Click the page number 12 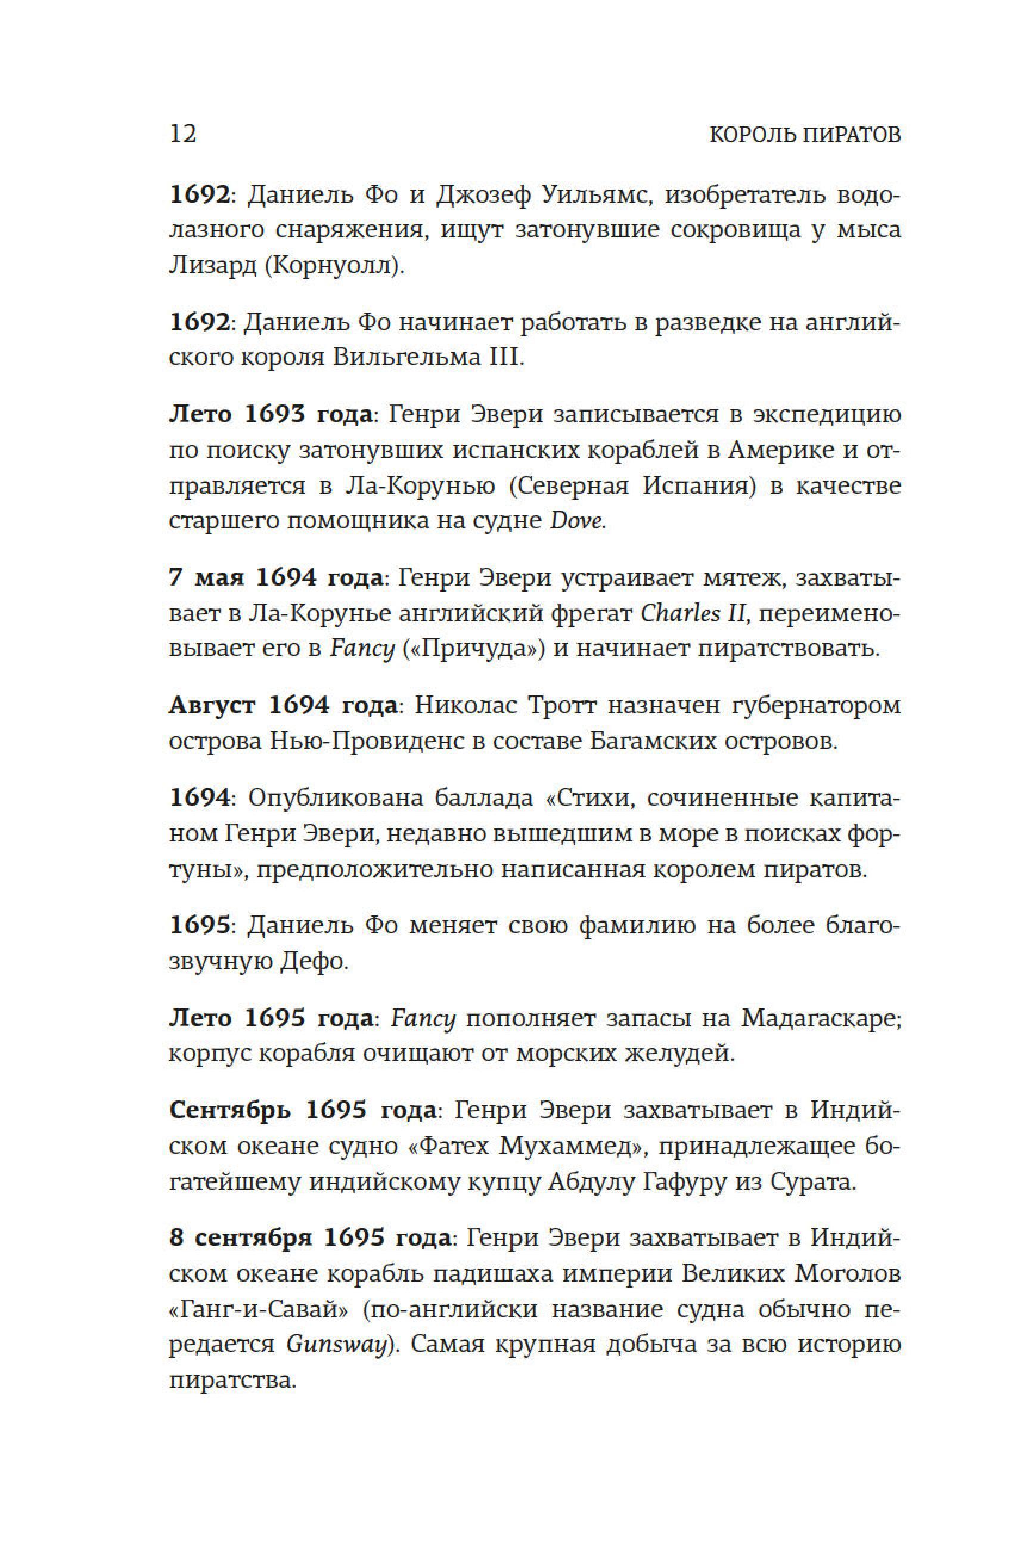click(182, 134)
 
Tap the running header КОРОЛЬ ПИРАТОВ click(805, 135)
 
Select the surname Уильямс click(597, 195)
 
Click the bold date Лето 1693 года click(270, 414)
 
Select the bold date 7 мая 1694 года click(276, 577)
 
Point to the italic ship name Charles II click(693, 614)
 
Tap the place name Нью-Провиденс click(365, 741)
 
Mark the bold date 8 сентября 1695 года click(310, 1238)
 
